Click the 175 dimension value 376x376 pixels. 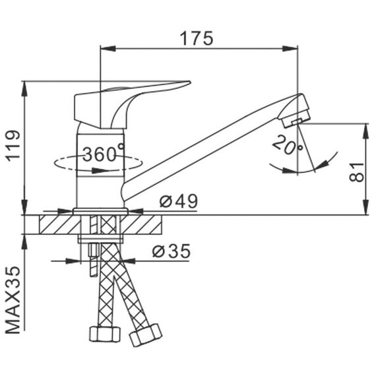[x=197, y=38]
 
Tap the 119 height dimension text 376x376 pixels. [x=13, y=146]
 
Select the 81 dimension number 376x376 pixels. [x=357, y=172]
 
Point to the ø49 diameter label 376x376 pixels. [x=179, y=201]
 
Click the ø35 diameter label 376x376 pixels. [x=172, y=251]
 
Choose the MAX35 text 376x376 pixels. [x=13, y=300]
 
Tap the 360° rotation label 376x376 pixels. [x=104, y=154]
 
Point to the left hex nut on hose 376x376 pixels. [x=104, y=334]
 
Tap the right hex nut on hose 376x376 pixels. [x=146, y=334]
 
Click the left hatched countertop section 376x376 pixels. [x=60, y=224]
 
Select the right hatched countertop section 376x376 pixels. [x=141, y=224]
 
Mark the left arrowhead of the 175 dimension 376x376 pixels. [x=108, y=49]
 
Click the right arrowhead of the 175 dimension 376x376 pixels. [x=290, y=49]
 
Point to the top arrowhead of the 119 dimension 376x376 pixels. [x=24, y=89]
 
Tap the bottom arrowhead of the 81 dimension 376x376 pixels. [x=365, y=206]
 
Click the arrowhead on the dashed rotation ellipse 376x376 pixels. [x=100, y=170]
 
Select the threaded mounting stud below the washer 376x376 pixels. [x=94, y=260]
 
